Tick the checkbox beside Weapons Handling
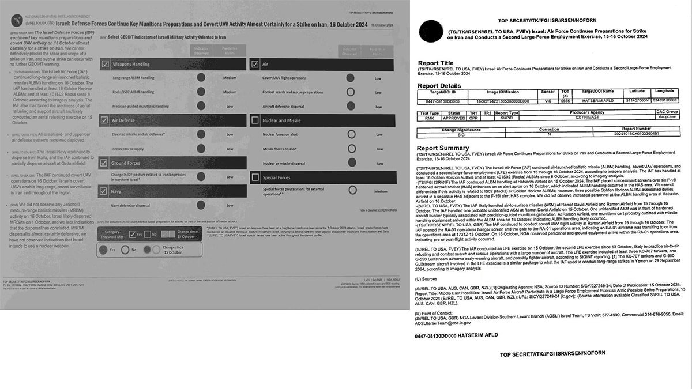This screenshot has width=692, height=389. tap(105, 64)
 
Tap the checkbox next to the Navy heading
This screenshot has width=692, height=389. tap(105, 191)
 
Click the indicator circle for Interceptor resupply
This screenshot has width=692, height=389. tap(201, 148)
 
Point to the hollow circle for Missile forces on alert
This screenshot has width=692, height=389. tap(350, 148)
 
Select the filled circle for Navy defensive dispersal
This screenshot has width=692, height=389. tap(201, 205)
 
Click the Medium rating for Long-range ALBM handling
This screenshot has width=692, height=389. tap(230, 78)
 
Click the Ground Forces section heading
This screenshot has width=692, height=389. tap(126, 163)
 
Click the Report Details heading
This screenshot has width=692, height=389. tap(439, 86)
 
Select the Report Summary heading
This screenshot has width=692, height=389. tap(442, 148)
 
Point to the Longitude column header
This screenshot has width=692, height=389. tap(664, 91)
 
